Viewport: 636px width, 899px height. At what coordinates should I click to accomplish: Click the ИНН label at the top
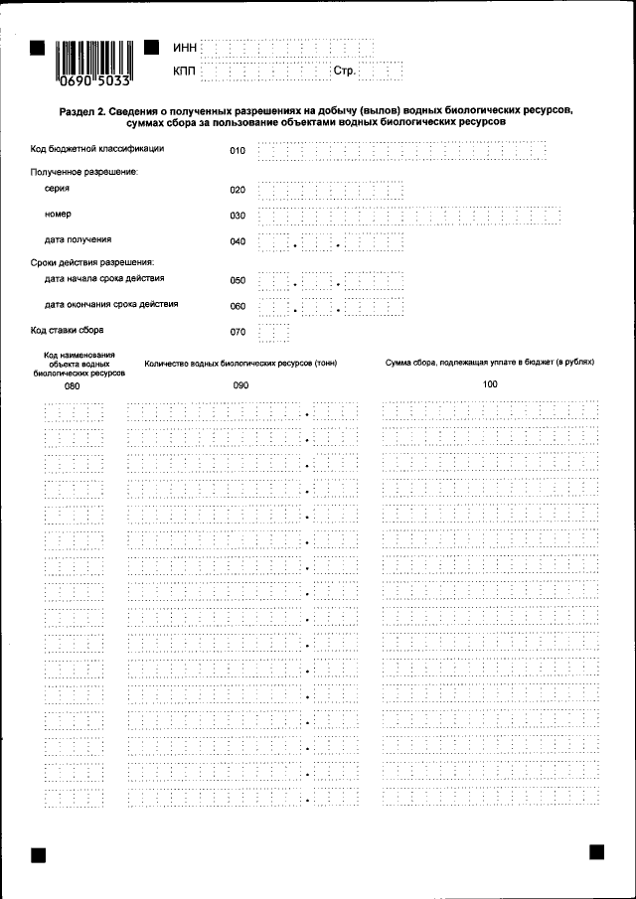pyautogui.click(x=185, y=47)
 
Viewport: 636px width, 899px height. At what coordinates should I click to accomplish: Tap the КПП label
pyautogui.click(x=185, y=72)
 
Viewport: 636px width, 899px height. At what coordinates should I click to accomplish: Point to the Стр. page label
pyautogui.click(x=345, y=72)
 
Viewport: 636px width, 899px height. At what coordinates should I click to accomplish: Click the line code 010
pyautogui.click(x=238, y=151)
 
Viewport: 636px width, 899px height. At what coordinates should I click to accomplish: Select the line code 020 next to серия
pyautogui.click(x=238, y=189)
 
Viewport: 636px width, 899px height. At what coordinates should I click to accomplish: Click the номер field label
pyautogui.click(x=58, y=215)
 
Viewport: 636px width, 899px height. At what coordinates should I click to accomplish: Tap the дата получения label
pyautogui.click(x=78, y=240)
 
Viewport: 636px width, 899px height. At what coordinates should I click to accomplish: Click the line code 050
pyautogui.click(x=238, y=281)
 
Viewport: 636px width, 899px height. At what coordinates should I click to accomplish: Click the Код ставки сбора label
pyautogui.click(x=68, y=330)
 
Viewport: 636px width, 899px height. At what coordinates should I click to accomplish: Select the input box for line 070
pyautogui.click(x=273, y=333)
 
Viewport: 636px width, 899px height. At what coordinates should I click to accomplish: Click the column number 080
pyautogui.click(x=73, y=384)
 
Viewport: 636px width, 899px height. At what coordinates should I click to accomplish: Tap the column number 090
pyautogui.click(x=240, y=384)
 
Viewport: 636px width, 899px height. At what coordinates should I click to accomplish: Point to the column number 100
pyautogui.click(x=490, y=383)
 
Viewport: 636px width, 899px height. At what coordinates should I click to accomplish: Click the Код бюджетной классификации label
pyautogui.click(x=97, y=149)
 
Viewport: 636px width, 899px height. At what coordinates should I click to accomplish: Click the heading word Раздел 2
pyautogui.click(x=81, y=110)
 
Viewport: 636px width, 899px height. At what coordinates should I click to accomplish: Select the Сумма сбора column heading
pyautogui.click(x=490, y=363)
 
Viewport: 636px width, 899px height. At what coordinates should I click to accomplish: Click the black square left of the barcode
pyautogui.click(x=38, y=47)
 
